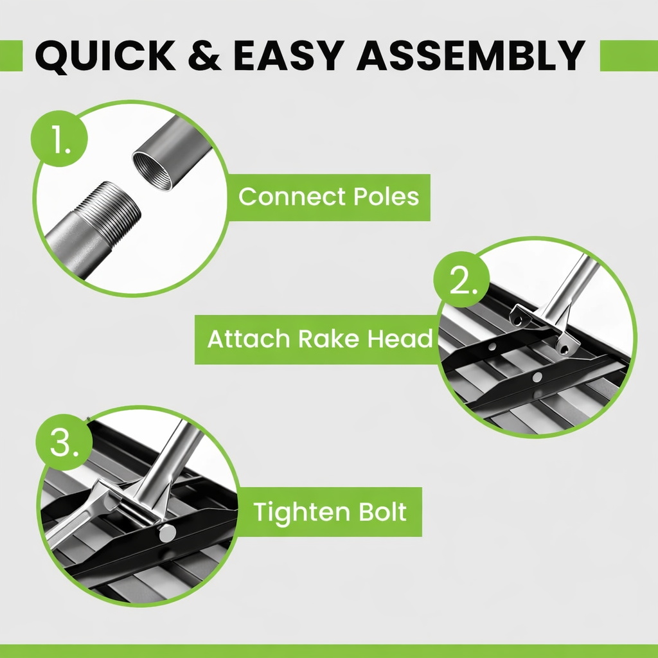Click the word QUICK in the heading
point(105,55)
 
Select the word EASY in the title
point(289,55)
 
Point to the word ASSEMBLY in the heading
point(470,55)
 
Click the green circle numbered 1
point(59,139)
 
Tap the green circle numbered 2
point(461,279)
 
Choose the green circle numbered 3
point(64,442)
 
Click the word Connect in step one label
point(292,197)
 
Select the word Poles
point(386,197)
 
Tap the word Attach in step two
point(249,339)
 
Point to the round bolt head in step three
point(168,533)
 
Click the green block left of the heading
point(12,56)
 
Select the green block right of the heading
point(629,56)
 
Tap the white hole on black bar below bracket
point(537,377)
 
